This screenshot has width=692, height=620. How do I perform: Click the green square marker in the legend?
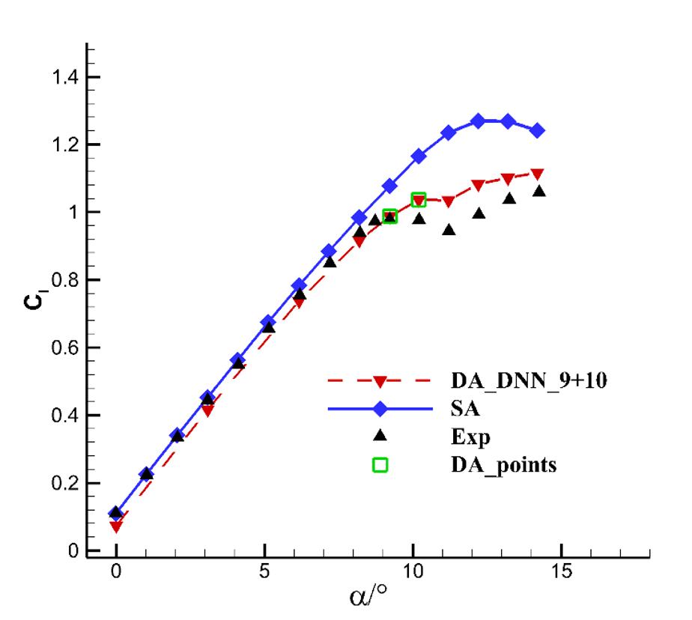click(380, 464)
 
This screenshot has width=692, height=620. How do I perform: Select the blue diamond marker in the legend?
click(380, 409)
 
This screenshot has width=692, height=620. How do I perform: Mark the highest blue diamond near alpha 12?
click(479, 121)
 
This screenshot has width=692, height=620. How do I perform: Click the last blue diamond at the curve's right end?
click(538, 130)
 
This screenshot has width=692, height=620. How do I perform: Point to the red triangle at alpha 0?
click(116, 527)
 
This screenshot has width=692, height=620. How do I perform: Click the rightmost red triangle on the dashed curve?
click(538, 174)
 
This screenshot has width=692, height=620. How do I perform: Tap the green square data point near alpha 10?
click(419, 199)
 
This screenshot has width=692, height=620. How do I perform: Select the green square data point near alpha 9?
click(389, 216)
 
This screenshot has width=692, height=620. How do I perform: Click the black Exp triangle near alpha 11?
click(449, 230)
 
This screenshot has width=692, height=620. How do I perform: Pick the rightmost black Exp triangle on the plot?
click(538, 192)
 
